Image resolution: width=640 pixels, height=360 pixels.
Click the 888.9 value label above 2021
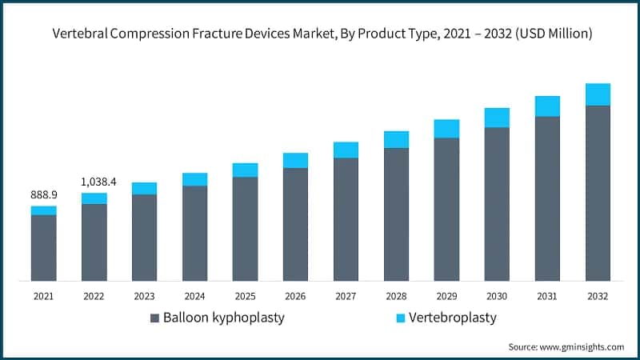click(44, 194)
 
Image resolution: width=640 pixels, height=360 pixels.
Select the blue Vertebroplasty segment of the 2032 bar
click(598, 94)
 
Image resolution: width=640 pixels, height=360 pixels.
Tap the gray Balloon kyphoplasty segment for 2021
click(44, 248)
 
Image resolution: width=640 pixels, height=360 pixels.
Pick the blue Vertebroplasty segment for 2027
click(346, 150)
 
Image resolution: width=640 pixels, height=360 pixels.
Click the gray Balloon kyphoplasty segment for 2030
click(497, 204)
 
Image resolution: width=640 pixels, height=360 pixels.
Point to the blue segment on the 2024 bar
click(194, 179)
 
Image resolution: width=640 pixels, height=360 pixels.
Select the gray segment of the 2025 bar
click(245, 229)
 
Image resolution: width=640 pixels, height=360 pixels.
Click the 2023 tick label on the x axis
click(144, 296)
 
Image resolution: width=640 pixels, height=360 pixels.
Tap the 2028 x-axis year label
click(396, 296)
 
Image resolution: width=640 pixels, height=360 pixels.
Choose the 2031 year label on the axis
click(547, 296)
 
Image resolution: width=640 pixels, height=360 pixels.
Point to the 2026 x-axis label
click(295, 296)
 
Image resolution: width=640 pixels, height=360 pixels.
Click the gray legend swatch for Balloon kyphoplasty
click(155, 318)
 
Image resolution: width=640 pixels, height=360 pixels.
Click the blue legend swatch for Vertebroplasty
click(401, 318)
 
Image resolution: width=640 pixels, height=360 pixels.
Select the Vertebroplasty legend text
click(452, 318)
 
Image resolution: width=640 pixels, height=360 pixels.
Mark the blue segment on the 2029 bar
click(446, 129)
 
